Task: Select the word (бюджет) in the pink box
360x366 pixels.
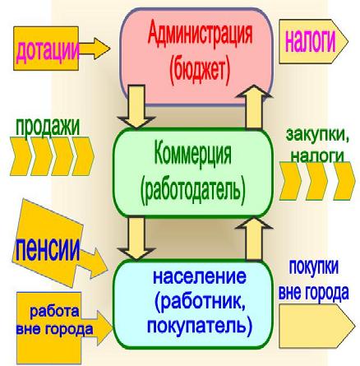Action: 200,70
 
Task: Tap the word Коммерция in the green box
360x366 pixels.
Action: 192,154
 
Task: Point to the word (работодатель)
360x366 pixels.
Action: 192,189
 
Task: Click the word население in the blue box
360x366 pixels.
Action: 200,276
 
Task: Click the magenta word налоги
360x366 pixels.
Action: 311,41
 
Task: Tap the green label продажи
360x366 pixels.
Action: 48,127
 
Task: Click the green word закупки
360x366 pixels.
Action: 318,135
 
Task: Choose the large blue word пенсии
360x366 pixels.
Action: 46,249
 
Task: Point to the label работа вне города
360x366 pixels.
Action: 54,320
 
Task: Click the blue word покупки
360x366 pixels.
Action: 314,266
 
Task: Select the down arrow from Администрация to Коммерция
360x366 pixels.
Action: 136,106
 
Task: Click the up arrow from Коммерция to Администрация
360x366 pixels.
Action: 254,106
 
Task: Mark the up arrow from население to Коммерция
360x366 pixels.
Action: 254,238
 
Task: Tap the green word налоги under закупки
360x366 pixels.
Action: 317,156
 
